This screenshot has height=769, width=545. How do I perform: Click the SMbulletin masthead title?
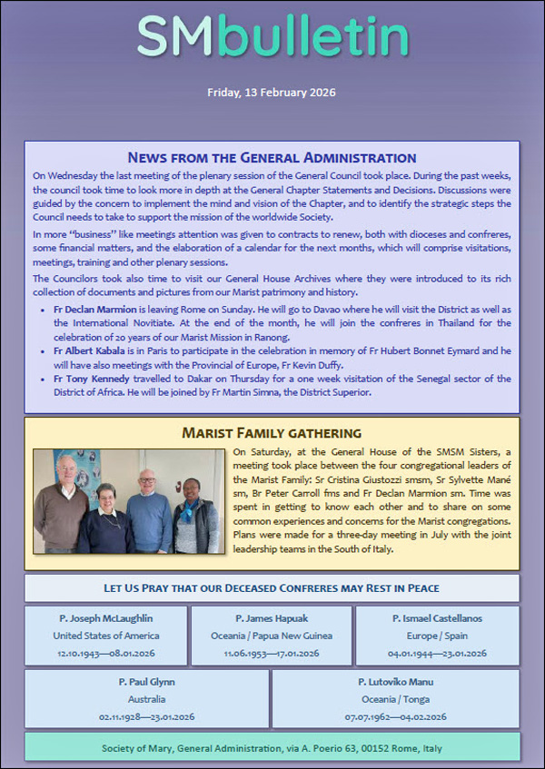(x=272, y=38)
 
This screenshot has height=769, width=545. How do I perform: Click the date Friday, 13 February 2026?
(x=272, y=92)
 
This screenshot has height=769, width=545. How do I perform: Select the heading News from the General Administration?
(x=272, y=157)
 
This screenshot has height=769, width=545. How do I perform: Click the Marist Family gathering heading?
(x=272, y=432)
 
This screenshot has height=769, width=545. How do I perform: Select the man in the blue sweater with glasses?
(x=150, y=508)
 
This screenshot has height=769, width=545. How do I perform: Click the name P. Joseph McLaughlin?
(x=105, y=618)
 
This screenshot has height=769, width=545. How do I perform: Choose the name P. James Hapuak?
(x=272, y=618)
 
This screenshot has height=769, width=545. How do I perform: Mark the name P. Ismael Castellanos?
(x=438, y=618)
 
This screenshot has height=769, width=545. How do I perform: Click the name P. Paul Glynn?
(x=147, y=681)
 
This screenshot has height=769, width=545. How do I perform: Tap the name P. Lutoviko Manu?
(x=395, y=681)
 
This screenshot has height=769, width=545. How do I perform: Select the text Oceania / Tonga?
(x=395, y=699)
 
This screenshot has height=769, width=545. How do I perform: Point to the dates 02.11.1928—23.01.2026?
(x=147, y=716)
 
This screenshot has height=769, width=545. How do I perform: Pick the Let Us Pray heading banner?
(x=272, y=587)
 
